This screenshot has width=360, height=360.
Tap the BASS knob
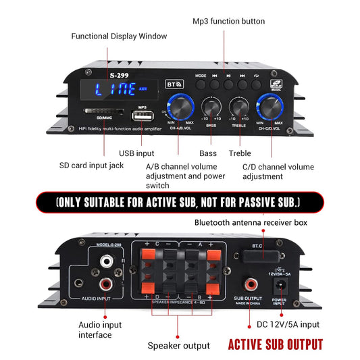(211, 106)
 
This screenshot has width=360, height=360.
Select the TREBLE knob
(240, 106)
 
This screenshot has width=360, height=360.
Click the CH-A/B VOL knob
(182, 106)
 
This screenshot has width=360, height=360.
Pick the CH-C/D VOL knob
(269, 106)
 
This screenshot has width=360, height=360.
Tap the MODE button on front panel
(201, 86)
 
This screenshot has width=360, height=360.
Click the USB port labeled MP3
(143, 114)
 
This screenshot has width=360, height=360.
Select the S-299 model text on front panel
(110, 74)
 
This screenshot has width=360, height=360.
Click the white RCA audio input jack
(106, 259)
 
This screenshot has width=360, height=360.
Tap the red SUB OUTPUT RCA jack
(251, 283)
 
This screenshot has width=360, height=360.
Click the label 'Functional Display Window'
(119, 36)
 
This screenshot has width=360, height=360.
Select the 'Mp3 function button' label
(229, 22)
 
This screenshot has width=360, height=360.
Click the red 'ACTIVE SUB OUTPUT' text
(275, 345)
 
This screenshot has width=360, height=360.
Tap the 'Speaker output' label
(179, 346)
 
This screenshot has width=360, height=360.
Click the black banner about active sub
(179, 202)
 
